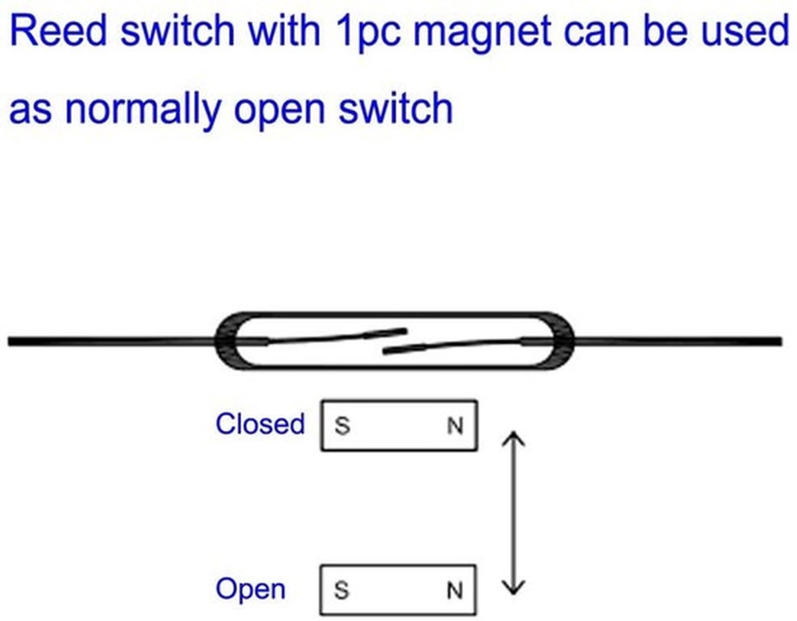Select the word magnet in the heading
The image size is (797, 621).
[482, 34]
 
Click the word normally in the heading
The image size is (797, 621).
[143, 110]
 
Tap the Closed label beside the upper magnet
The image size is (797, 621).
[260, 424]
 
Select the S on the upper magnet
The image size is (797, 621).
[342, 426]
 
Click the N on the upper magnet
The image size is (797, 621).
[455, 426]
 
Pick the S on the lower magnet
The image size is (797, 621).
[341, 590]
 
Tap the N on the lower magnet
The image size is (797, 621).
[455, 591]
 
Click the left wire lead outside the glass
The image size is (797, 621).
[112, 341]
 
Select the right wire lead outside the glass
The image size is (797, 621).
[678, 341]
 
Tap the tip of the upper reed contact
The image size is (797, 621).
[406, 331]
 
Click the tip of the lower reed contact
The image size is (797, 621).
[384, 351]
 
